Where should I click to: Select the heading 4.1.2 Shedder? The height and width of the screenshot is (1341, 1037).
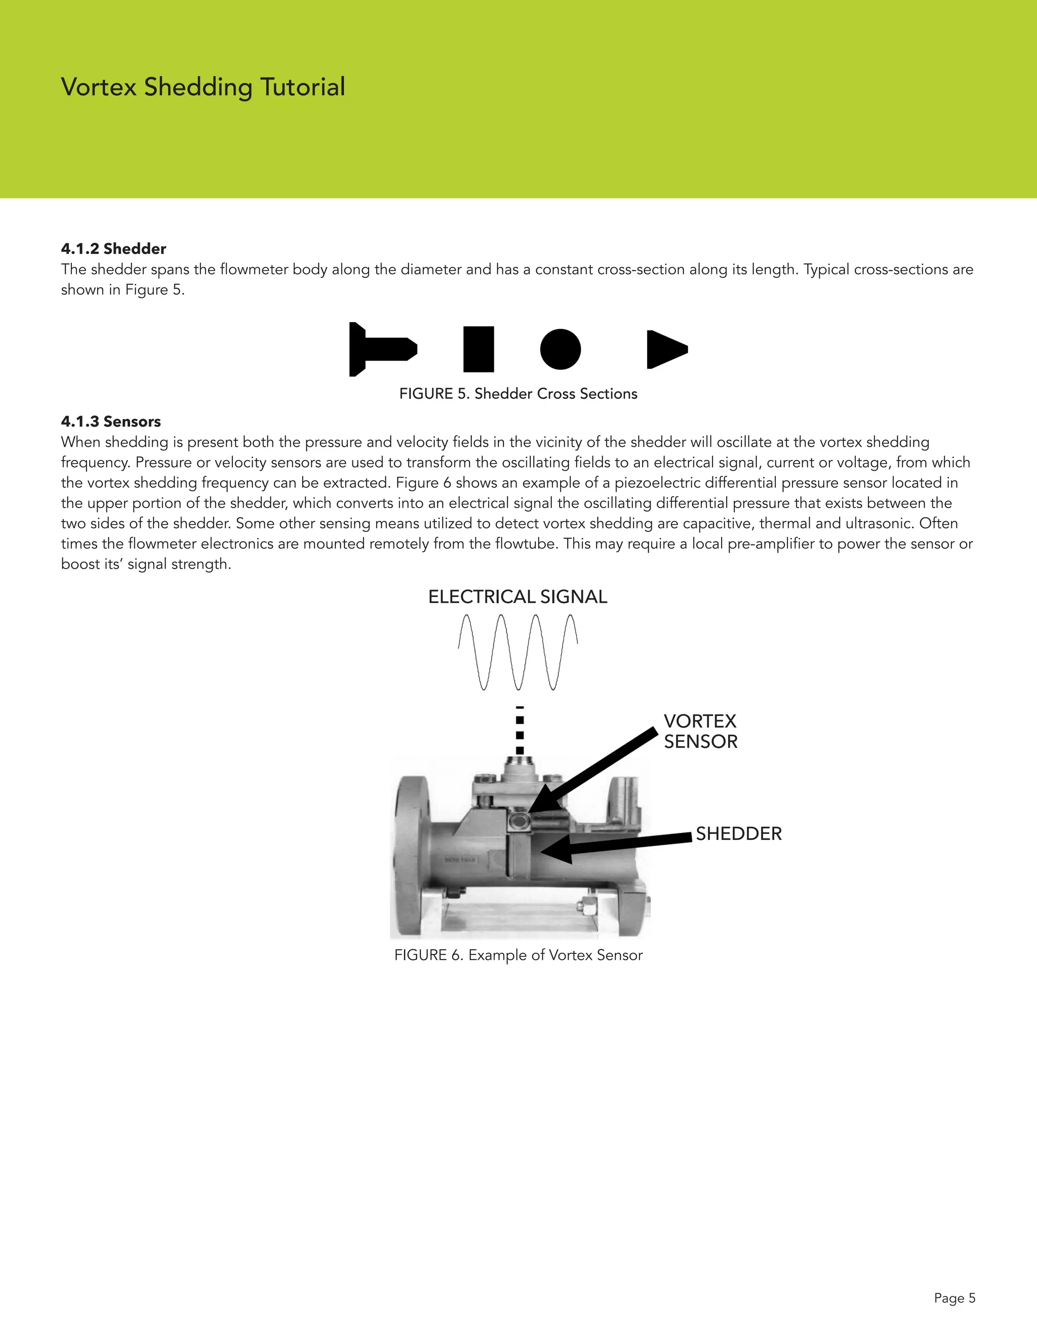[x=113, y=248]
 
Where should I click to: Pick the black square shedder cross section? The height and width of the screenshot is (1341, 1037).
[x=478, y=349]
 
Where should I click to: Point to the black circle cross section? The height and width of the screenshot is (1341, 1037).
[x=561, y=349]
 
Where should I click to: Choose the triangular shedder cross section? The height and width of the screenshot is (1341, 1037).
[x=665, y=349]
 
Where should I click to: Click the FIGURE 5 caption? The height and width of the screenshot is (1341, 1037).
[x=518, y=394]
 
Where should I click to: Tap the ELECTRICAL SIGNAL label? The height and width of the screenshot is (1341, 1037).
[x=517, y=597]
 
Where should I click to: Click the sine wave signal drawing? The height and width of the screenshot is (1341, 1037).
[x=518, y=652]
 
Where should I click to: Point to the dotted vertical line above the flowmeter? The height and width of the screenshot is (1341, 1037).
[x=520, y=731]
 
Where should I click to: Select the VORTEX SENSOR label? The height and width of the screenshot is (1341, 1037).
[x=700, y=731]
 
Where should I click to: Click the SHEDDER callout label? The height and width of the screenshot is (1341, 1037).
[x=738, y=834]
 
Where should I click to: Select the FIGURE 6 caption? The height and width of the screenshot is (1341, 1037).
[x=518, y=955]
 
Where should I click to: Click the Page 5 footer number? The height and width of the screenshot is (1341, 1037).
[x=954, y=1297]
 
